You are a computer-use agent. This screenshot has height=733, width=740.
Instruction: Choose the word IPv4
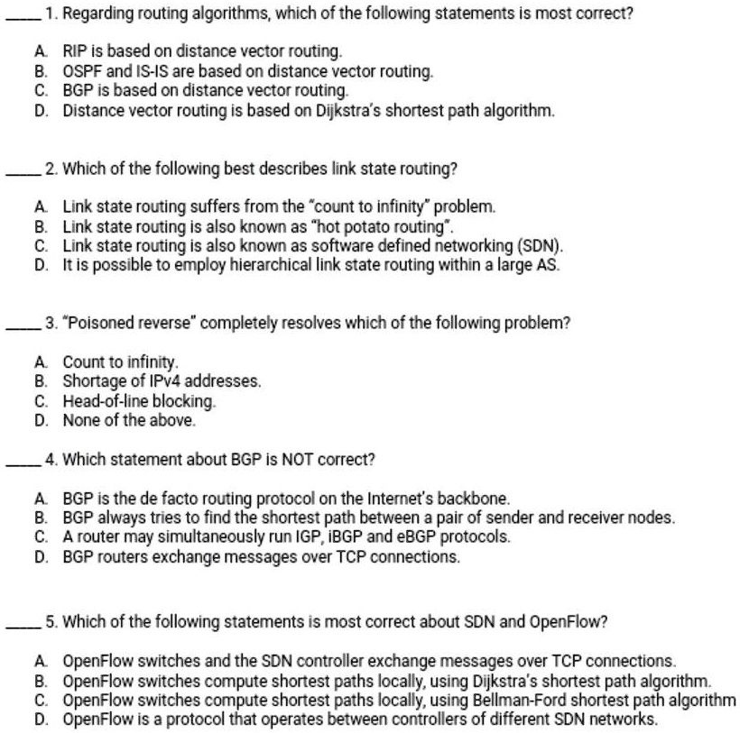[x=160, y=380]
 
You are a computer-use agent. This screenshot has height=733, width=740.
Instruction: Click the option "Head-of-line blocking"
[x=140, y=399]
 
